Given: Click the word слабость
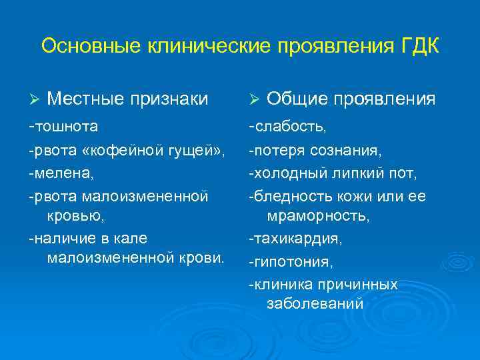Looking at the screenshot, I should point(290,126).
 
